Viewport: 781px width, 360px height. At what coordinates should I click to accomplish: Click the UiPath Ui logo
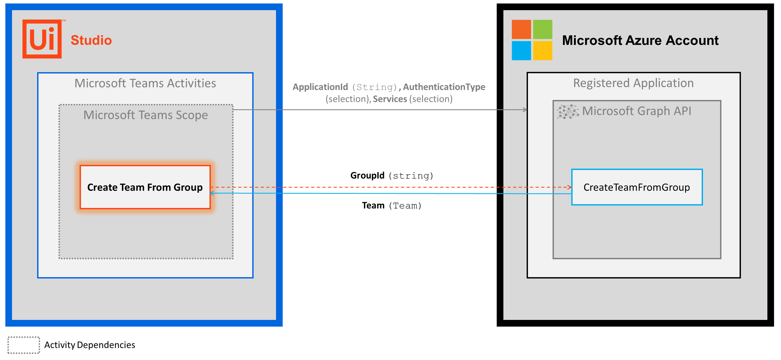42,39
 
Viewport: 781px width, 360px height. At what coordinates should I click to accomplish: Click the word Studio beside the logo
91,40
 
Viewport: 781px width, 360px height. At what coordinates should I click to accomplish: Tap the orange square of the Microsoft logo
521,29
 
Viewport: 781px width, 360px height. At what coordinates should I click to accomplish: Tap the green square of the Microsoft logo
542,29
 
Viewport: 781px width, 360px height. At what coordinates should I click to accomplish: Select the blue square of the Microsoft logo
521,51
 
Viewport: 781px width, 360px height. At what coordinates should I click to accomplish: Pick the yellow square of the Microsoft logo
542,51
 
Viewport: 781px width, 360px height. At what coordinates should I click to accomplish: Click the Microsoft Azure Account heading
640,40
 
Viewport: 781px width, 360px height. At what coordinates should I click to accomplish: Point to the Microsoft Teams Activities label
145,83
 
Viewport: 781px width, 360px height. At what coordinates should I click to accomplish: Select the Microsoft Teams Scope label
145,115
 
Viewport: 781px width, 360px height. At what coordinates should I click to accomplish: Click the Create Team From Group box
145,187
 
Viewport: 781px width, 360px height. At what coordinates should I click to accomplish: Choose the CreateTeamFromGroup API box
637,187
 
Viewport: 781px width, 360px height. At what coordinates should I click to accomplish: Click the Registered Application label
633,83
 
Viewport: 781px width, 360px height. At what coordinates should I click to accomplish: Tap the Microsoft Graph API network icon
568,112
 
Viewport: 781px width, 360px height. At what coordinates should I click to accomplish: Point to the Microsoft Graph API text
637,111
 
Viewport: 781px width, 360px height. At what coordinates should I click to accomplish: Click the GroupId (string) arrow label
392,176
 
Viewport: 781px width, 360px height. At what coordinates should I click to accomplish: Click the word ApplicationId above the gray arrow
320,87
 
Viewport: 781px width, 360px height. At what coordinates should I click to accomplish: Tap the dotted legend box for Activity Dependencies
24,345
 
